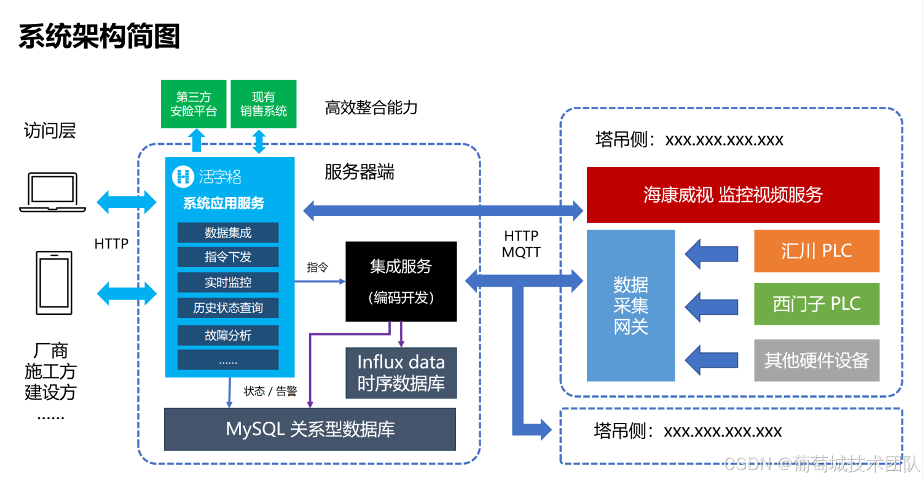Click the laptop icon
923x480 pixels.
click(52, 192)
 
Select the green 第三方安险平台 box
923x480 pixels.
click(194, 104)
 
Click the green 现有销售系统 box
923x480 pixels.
click(263, 104)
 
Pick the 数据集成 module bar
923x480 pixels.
click(228, 233)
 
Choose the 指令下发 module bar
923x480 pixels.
click(228, 257)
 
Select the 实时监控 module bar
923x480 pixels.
click(228, 282)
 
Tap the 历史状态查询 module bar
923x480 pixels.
click(228, 308)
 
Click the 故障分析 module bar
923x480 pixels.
click(228, 335)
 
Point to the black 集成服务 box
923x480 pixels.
click(401, 281)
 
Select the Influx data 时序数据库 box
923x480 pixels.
click(401, 373)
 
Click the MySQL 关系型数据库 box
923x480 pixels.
click(310, 429)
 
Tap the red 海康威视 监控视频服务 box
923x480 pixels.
click(733, 195)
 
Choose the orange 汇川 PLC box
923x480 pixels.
click(817, 251)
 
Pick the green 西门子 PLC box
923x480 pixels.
click(817, 304)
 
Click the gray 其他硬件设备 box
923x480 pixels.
click(817, 360)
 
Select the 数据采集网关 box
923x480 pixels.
click(630, 305)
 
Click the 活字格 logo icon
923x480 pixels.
click(182, 177)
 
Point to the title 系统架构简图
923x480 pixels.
click(99, 37)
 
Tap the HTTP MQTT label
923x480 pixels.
click(520, 244)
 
